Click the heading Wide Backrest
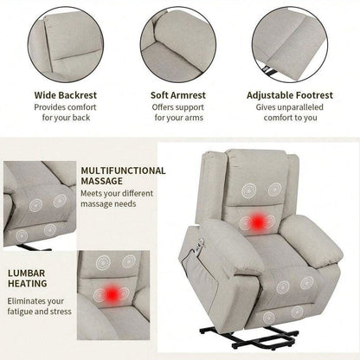point(66,95)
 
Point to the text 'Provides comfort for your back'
point(66,113)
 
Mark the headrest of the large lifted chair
point(256,170)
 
